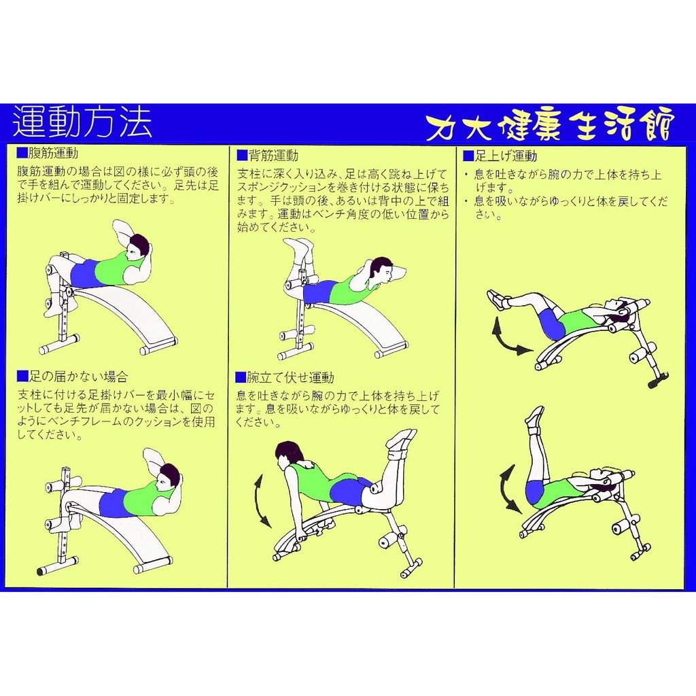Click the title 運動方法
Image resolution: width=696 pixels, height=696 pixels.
(82, 122)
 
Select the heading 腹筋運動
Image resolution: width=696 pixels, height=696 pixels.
(53, 154)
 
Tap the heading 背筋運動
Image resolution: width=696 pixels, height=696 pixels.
(273, 156)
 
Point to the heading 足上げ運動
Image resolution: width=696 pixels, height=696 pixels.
(506, 156)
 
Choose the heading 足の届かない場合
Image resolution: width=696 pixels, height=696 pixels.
(79, 377)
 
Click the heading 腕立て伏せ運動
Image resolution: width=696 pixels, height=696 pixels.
(290, 378)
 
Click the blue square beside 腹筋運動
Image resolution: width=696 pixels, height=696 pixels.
(22, 153)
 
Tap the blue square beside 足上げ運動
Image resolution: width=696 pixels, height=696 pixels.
(469, 156)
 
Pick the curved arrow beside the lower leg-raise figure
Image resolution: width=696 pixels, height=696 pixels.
(506, 488)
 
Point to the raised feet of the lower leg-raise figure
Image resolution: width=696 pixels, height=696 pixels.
(535, 417)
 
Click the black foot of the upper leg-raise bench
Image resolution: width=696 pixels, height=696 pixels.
(657, 380)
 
